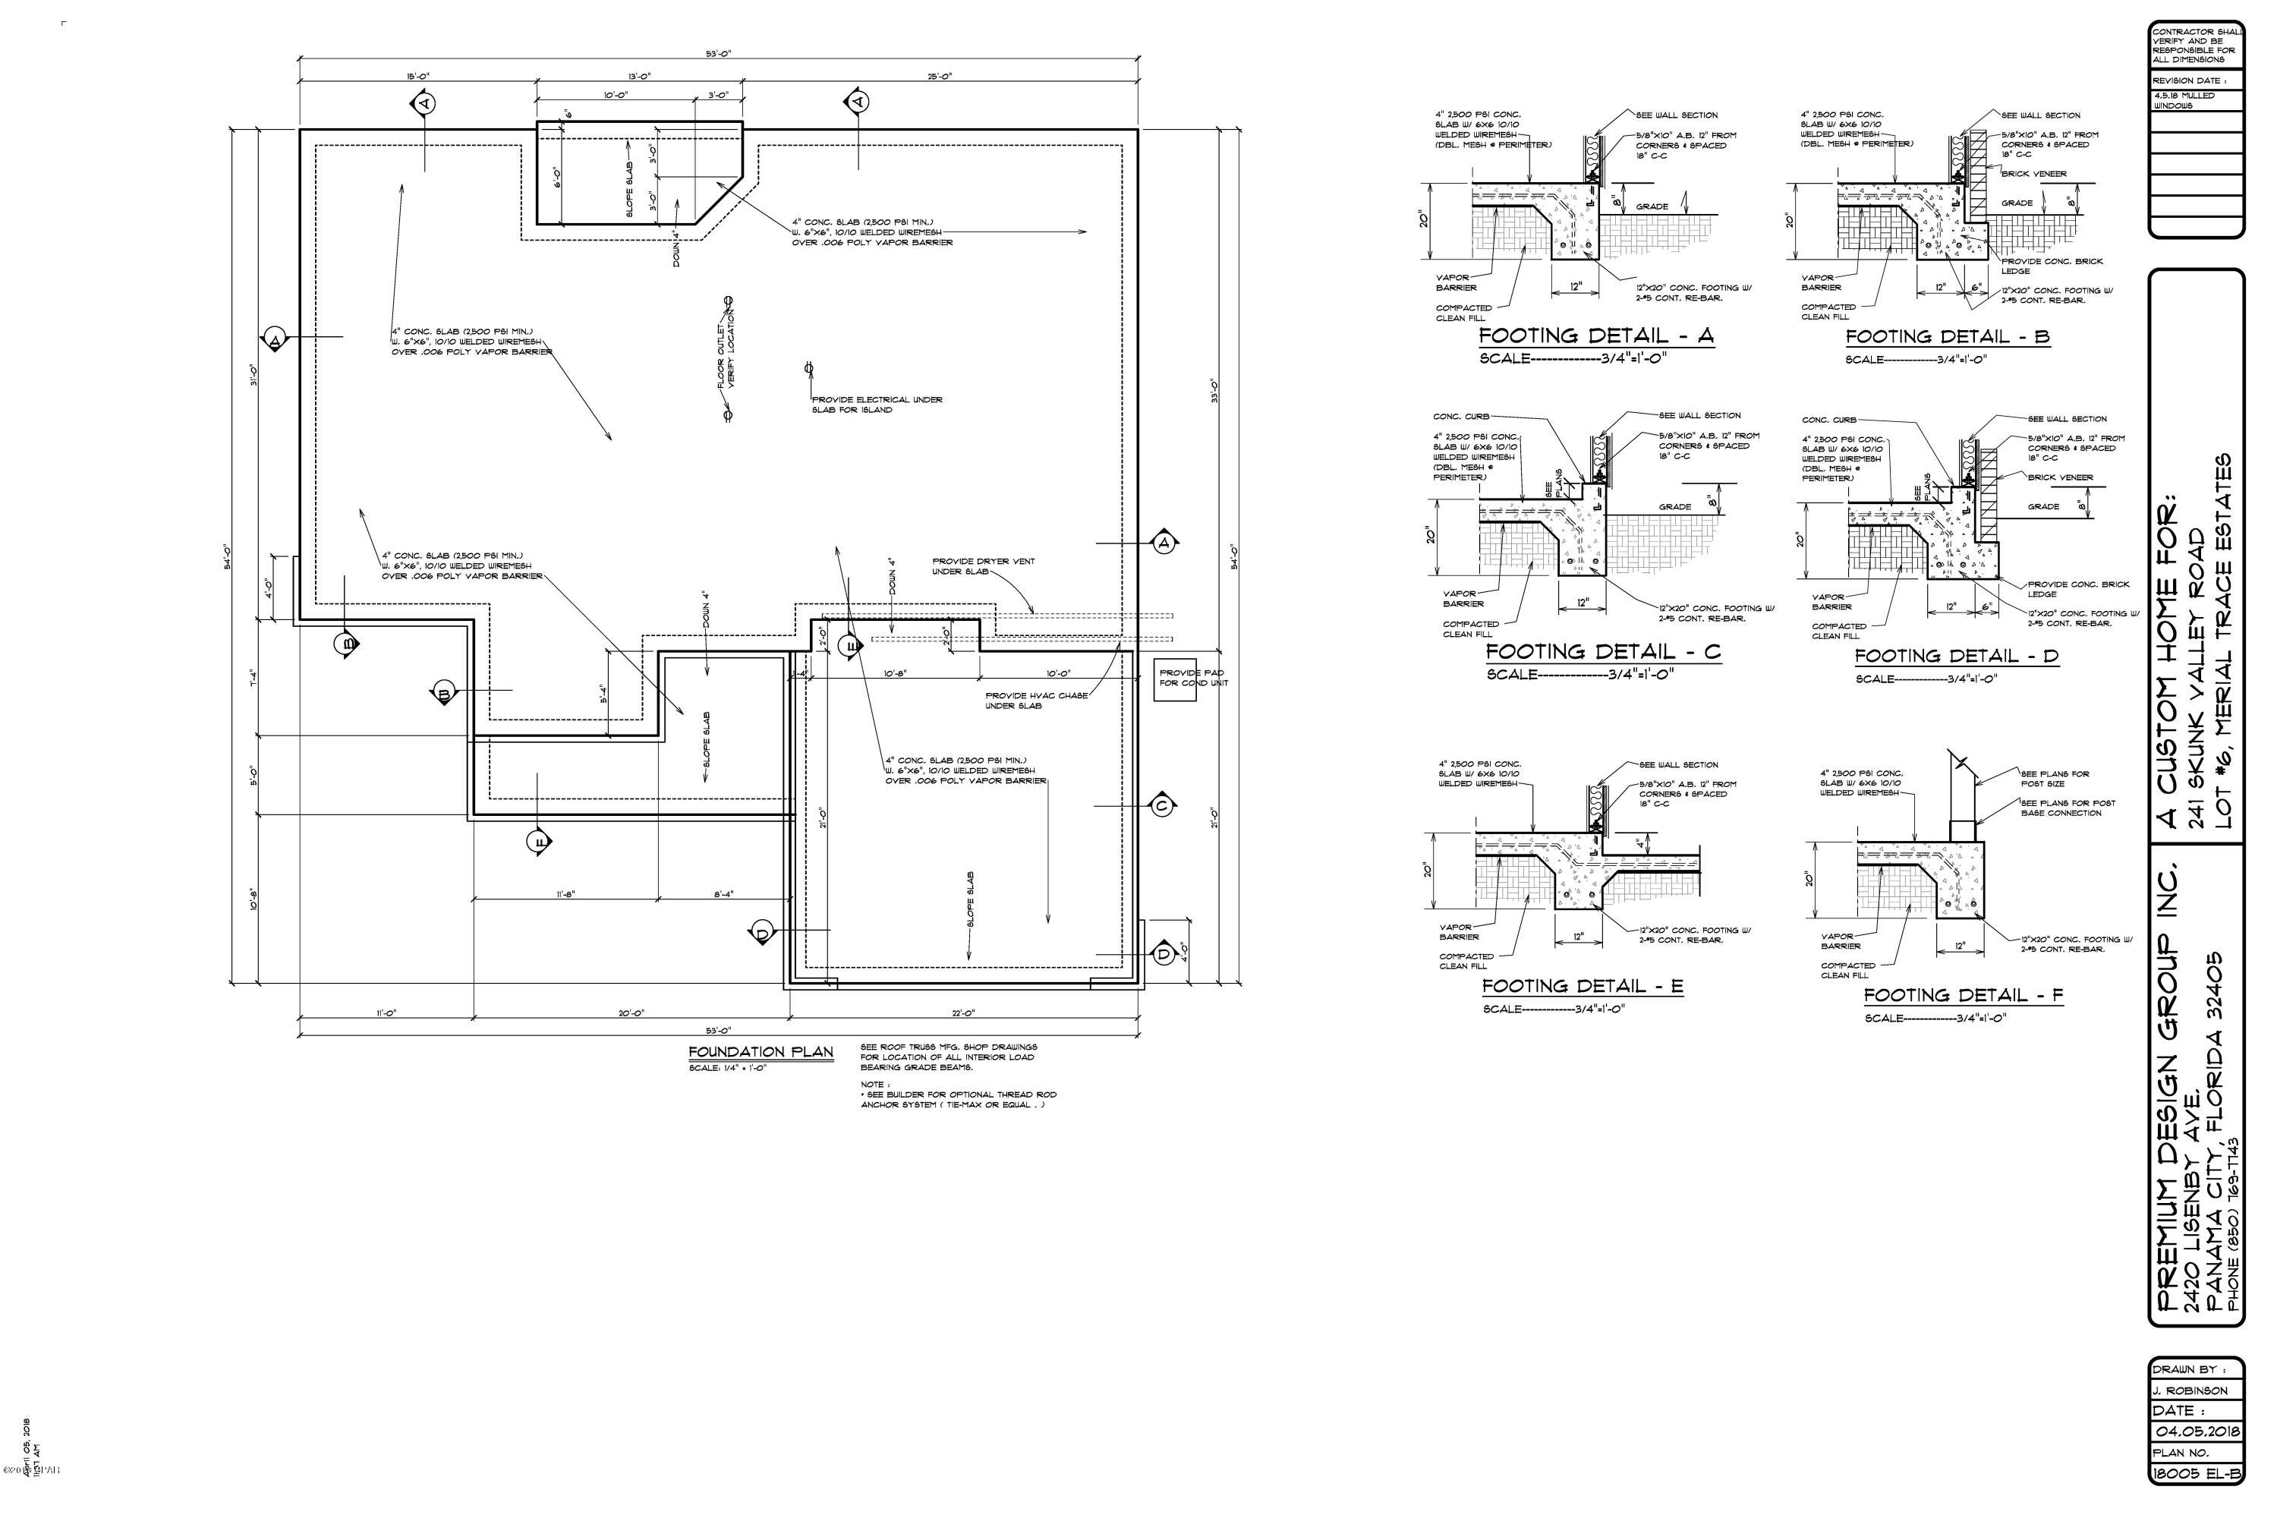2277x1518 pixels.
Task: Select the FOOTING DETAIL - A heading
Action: coord(1596,336)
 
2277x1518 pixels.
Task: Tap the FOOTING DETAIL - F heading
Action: coord(1964,994)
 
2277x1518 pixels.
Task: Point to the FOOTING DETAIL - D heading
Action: coord(1956,656)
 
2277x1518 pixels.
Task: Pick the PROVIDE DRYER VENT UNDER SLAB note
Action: coord(983,566)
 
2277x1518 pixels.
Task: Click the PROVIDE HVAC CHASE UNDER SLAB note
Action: coord(1036,700)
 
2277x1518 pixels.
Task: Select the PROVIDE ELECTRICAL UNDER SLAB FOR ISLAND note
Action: coord(876,405)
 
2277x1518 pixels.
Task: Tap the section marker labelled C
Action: coord(1163,805)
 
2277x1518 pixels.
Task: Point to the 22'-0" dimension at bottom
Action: coord(962,1013)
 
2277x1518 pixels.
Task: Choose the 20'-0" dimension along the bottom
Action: coord(631,1013)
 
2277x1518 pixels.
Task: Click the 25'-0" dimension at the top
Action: coord(939,77)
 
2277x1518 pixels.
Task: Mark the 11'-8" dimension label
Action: coord(565,895)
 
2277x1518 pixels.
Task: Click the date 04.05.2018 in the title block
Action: coord(2197,1431)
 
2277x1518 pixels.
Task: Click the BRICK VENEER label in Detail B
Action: coord(2034,175)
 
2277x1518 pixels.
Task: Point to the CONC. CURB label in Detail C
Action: coord(1461,416)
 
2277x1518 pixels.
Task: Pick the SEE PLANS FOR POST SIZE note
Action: coord(2055,779)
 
